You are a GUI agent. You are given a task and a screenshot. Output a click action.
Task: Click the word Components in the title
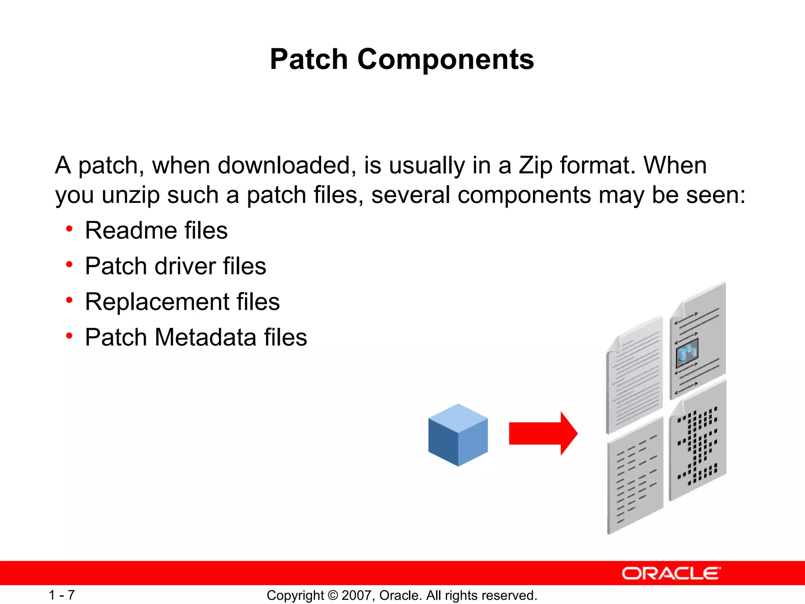[445, 59]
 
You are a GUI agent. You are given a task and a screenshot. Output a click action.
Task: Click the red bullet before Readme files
[70, 228]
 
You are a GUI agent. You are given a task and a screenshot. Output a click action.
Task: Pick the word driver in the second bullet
[185, 266]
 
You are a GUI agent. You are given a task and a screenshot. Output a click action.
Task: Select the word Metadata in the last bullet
[205, 337]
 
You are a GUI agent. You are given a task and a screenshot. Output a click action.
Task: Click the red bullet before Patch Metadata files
[70, 336]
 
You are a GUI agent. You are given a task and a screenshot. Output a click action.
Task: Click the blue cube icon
[458, 435]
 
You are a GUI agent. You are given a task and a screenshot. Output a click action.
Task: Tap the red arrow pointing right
[543, 433]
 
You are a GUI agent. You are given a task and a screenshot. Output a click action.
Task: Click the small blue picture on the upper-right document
[687, 351]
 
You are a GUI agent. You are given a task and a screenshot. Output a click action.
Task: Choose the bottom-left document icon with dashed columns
[634, 476]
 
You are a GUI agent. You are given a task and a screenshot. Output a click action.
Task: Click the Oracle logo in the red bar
[671, 573]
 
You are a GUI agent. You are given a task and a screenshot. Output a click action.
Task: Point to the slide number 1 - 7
[62, 595]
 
